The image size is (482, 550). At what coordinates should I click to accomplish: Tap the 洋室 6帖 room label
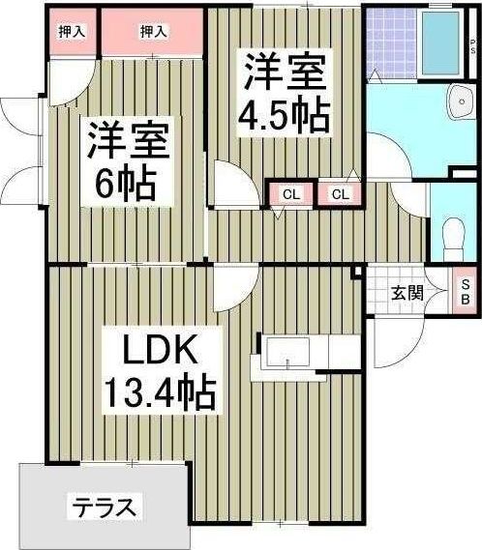click(x=127, y=159)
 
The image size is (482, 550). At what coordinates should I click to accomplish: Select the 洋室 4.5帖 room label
click(x=285, y=94)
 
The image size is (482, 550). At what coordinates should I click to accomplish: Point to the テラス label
click(x=104, y=506)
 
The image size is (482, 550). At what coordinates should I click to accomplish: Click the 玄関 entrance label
click(x=407, y=292)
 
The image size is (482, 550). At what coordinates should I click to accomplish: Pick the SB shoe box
click(x=465, y=291)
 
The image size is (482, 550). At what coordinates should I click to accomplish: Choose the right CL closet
click(x=340, y=194)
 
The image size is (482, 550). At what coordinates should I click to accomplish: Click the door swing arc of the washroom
click(x=384, y=155)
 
